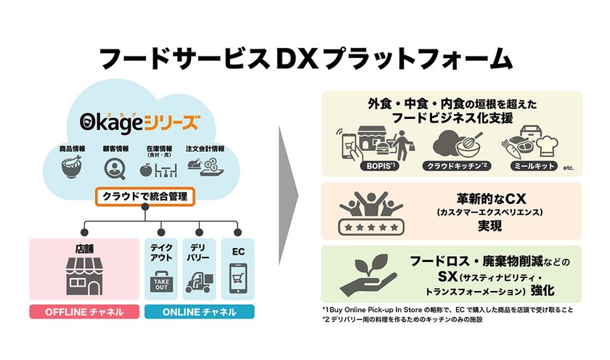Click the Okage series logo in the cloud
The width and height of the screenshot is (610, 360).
pyautogui.click(x=140, y=122)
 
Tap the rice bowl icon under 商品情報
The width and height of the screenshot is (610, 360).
pyautogui.click(x=72, y=166)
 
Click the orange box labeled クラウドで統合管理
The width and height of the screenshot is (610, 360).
pyautogui.click(x=145, y=197)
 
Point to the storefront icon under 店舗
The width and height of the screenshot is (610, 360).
pyautogui.click(x=84, y=276)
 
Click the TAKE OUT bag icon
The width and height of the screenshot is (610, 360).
pyautogui.click(x=161, y=282)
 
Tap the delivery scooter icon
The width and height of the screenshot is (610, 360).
pyautogui.click(x=199, y=282)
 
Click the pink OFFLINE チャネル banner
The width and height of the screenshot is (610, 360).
pyautogui.click(x=84, y=312)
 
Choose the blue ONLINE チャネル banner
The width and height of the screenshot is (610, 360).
pyautogui.click(x=200, y=312)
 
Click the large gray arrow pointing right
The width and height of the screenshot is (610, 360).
pyautogui.click(x=288, y=195)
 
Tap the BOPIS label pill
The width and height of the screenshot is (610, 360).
pyautogui.click(x=380, y=166)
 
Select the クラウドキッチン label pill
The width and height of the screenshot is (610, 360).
pyautogui.click(x=457, y=166)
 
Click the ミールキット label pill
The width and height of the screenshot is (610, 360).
pyautogui.click(x=534, y=166)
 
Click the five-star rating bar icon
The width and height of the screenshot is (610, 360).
pyautogui.click(x=371, y=227)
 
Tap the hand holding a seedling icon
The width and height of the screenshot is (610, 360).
pyautogui.click(x=368, y=275)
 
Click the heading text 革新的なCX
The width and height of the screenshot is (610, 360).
pyautogui.click(x=491, y=199)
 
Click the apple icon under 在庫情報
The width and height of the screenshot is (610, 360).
pyautogui.click(x=145, y=170)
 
